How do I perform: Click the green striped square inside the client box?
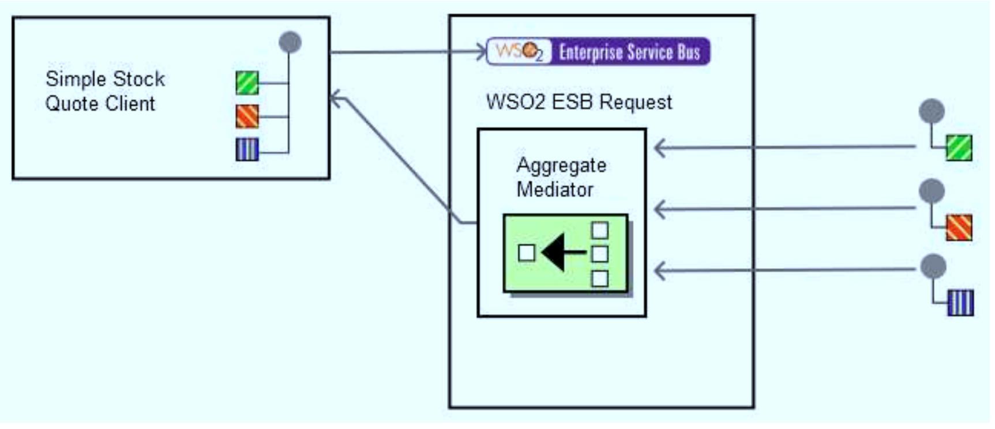click(247, 83)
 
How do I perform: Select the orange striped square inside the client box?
click(247, 116)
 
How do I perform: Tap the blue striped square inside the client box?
click(247, 149)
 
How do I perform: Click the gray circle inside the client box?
click(290, 42)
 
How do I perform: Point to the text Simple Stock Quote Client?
click(104, 91)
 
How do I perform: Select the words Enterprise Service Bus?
click(629, 52)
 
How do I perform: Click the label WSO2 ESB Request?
click(579, 102)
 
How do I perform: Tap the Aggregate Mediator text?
click(560, 177)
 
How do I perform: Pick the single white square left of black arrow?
click(526, 253)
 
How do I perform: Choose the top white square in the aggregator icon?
click(600, 230)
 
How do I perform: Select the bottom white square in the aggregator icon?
click(600, 279)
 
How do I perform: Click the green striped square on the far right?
click(959, 148)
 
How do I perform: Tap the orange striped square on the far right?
click(959, 227)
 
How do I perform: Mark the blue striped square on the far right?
click(960, 303)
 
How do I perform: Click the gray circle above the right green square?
click(932, 111)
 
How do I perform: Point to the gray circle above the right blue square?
click(933, 266)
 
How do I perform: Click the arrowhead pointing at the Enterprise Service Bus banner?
click(482, 52)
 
